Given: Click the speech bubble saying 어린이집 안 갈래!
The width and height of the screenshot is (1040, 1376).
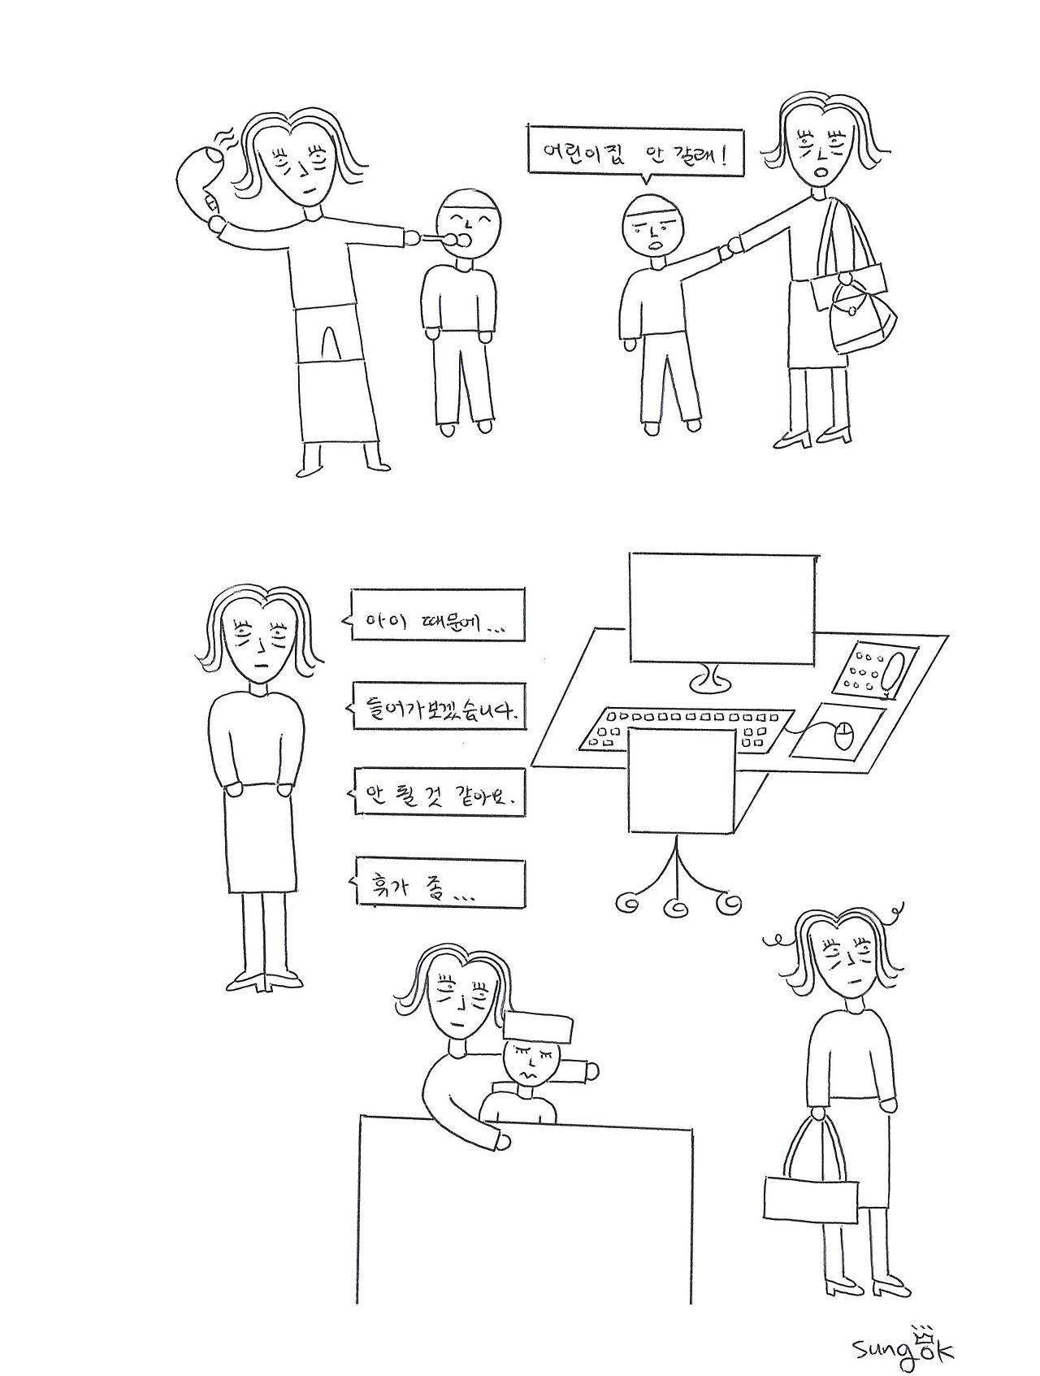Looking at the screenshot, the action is tap(636, 151).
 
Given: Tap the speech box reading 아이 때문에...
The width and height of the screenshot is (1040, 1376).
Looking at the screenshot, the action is tap(435, 614).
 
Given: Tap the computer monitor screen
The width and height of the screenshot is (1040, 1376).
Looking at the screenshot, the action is tap(722, 609).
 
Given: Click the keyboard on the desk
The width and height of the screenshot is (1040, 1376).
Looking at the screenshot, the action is tap(687, 727).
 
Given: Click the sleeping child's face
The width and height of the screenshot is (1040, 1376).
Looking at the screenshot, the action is tap(532, 1066).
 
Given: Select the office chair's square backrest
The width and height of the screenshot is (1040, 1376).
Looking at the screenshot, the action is tap(682, 780).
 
